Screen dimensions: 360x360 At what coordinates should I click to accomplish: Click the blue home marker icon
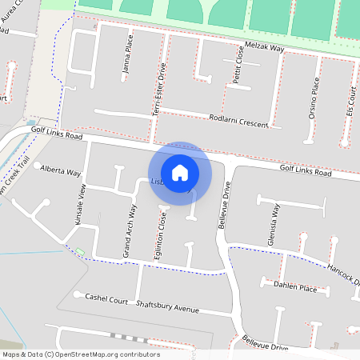[x=180, y=172]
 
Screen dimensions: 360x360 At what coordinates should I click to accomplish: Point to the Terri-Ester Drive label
[x=160, y=91]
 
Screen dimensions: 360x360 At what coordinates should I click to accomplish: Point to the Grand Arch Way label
[x=129, y=232]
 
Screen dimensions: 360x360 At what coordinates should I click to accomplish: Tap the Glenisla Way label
[x=274, y=225]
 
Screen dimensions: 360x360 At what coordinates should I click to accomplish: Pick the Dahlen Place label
[x=295, y=286]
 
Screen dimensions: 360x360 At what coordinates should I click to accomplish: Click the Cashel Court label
[x=106, y=299]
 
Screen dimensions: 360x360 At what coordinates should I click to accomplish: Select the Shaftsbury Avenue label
[x=166, y=306]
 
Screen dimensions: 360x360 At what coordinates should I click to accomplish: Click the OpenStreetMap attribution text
[x=81, y=354]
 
